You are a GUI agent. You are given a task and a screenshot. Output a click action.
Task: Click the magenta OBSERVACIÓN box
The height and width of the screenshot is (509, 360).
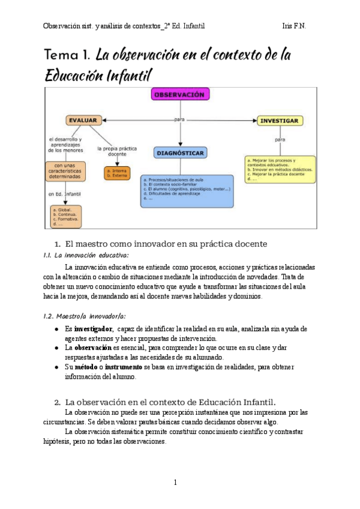[179, 95]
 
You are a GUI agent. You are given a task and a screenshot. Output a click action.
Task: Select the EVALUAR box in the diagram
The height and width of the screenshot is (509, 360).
[83, 120]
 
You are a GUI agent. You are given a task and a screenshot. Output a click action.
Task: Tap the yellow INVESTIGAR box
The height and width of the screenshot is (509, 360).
[279, 121]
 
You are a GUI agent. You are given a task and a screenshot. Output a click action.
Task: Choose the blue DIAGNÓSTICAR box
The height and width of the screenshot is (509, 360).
[180, 153]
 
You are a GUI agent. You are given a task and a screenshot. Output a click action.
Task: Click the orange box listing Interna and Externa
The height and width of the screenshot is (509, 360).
[116, 173]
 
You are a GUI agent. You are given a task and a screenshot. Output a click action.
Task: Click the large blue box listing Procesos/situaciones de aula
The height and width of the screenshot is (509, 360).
[187, 191]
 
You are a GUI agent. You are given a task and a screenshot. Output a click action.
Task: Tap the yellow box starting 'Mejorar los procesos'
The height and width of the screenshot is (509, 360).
[280, 170]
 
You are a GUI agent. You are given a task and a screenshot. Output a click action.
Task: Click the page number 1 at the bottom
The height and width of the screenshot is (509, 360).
[175, 482]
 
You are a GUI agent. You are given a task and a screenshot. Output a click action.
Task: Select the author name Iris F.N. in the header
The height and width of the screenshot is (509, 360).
[295, 26]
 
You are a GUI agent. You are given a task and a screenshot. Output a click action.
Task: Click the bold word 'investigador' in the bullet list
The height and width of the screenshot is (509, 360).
[93, 329]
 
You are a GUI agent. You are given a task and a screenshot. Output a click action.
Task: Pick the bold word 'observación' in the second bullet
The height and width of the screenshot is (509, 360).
[93, 348]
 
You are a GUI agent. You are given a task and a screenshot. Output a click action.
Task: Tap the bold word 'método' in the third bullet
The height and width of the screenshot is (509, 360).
[88, 367]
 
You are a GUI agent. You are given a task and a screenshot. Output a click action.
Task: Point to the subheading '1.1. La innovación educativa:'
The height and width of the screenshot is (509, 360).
[82, 256]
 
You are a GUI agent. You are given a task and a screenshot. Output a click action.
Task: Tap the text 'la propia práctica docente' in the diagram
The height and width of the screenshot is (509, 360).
[116, 151]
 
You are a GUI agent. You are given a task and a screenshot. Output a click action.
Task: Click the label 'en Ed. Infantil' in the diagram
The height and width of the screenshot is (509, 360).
[65, 194]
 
